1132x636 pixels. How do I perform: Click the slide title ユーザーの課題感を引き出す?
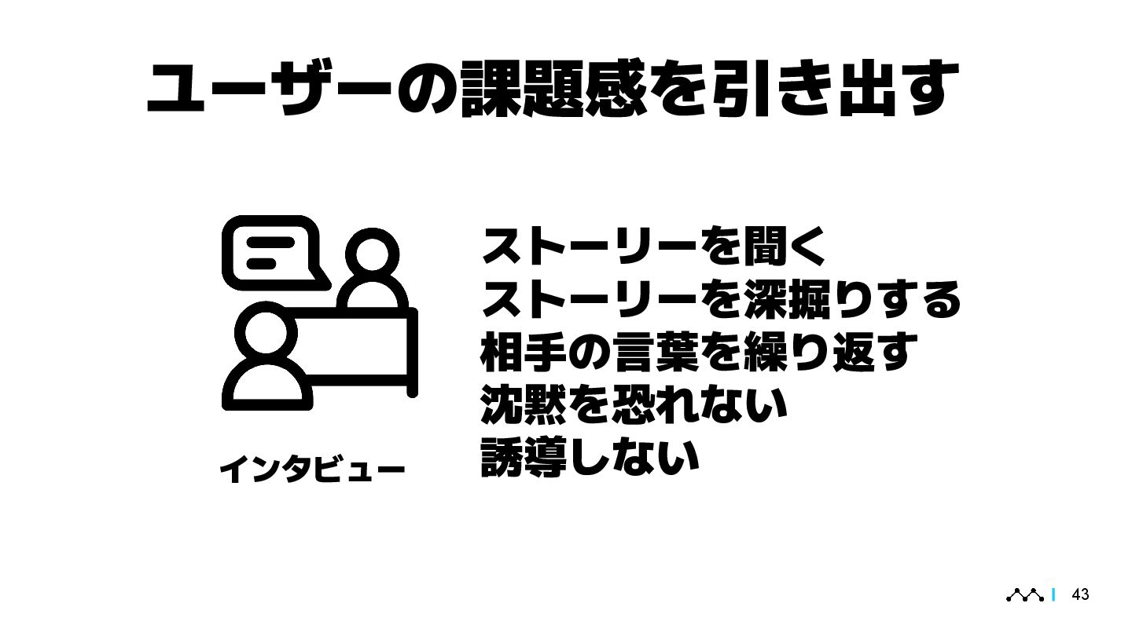point(553,89)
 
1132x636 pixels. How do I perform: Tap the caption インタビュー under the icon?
point(312,470)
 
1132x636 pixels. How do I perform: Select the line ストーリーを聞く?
point(653,248)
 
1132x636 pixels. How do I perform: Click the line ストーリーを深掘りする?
point(720,300)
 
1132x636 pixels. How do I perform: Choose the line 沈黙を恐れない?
point(634,404)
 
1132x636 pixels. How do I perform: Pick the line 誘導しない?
point(590,456)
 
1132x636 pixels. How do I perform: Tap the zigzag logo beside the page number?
point(1025,595)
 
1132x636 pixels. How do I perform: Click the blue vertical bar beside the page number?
point(1053,595)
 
